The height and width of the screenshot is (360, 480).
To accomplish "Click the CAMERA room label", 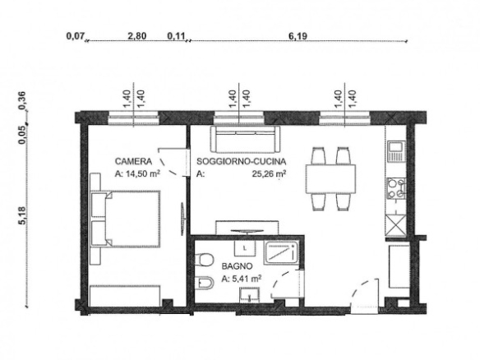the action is coord(133,161).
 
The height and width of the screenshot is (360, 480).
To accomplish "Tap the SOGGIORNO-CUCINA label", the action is coord(241,161).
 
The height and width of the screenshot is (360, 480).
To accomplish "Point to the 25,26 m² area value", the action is coord(269,173).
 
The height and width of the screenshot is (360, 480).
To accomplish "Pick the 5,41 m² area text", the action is coord(246,279).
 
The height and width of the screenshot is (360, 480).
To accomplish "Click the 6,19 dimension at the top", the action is coord(298,36).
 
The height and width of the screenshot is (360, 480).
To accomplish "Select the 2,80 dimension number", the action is coord(136,36).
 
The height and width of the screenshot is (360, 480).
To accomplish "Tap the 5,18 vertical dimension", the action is coord(23,215).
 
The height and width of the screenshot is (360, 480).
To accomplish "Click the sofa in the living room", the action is coord(245,139).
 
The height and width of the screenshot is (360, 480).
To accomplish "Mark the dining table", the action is coord(330,179).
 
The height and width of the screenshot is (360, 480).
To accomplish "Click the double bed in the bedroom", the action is coord(126,219).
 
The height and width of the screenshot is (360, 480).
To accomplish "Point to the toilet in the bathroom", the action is coord(204,260).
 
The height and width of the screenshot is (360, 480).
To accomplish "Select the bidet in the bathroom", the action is coord(204,284).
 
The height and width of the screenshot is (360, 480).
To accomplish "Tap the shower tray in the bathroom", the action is coord(281,253).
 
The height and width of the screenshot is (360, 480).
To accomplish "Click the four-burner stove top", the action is coord(396,188).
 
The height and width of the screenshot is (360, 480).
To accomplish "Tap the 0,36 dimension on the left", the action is coord(22,100).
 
